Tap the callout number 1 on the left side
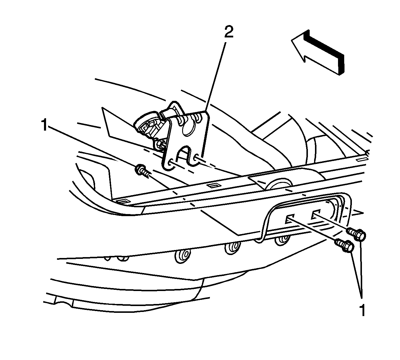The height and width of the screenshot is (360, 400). point(45,125)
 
